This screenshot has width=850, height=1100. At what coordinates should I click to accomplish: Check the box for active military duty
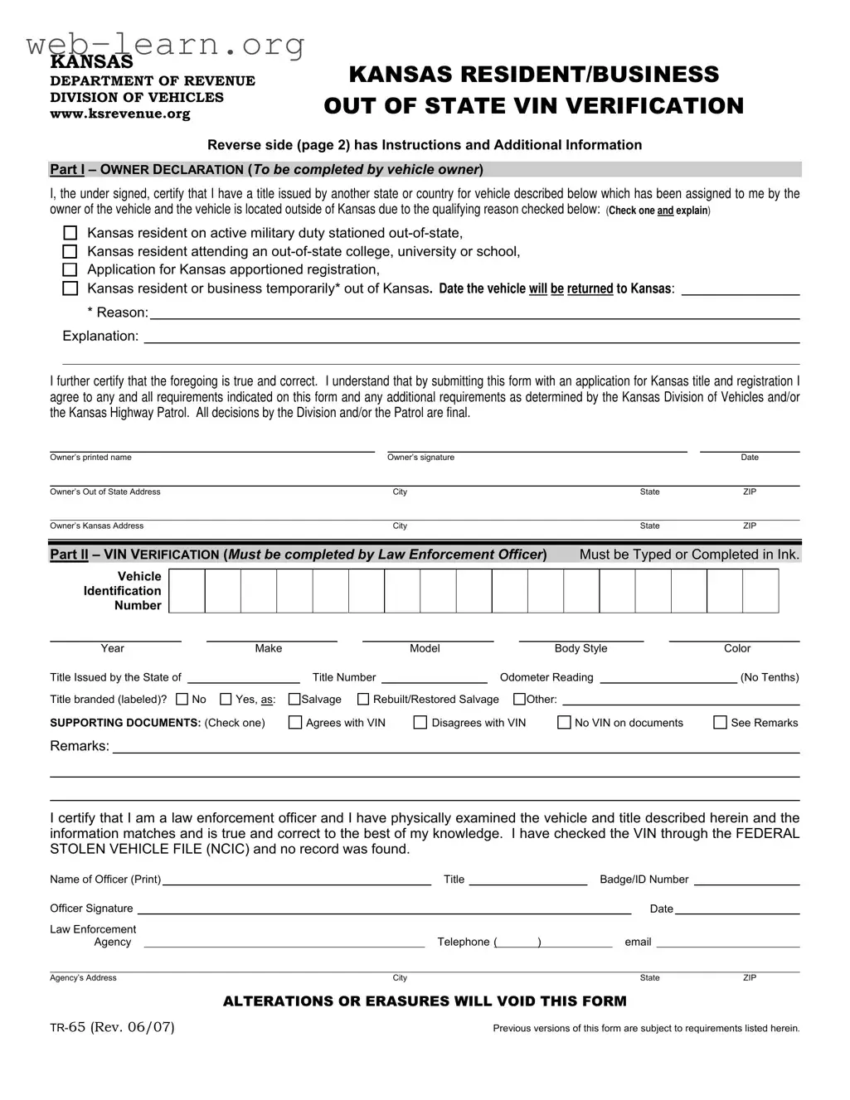click(x=70, y=233)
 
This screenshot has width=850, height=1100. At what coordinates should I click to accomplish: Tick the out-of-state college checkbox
click(x=70, y=251)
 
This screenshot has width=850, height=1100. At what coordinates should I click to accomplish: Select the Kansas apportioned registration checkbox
click(x=70, y=269)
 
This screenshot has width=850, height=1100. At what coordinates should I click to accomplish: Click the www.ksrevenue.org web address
click(x=120, y=114)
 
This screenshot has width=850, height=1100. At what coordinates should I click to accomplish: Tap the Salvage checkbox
click(x=294, y=700)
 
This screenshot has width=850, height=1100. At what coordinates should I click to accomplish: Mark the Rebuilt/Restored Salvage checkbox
click(x=363, y=700)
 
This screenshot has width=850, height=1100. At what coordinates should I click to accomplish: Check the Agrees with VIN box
click(x=295, y=723)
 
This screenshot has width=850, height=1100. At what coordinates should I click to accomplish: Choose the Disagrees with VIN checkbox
click(x=420, y=723)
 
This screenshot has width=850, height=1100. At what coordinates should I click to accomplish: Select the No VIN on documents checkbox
click(x=564, y=723)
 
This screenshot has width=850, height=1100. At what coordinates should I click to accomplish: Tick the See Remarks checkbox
click(x=720, y=723)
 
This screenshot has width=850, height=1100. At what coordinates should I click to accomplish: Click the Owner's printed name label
click(x=90, y=458)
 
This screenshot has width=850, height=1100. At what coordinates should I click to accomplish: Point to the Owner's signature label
click(x=420, y=458)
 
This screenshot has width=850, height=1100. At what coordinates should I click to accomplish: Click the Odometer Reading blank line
click(x=668, y=679)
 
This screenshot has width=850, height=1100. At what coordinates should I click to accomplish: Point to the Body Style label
click(x=580, y=648)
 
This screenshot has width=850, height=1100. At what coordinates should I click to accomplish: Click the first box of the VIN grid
click(x=187, y=592)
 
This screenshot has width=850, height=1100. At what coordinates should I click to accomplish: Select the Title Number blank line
click(x=435, y=679)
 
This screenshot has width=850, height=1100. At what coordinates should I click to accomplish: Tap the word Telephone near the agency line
click(x=464, y=942)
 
